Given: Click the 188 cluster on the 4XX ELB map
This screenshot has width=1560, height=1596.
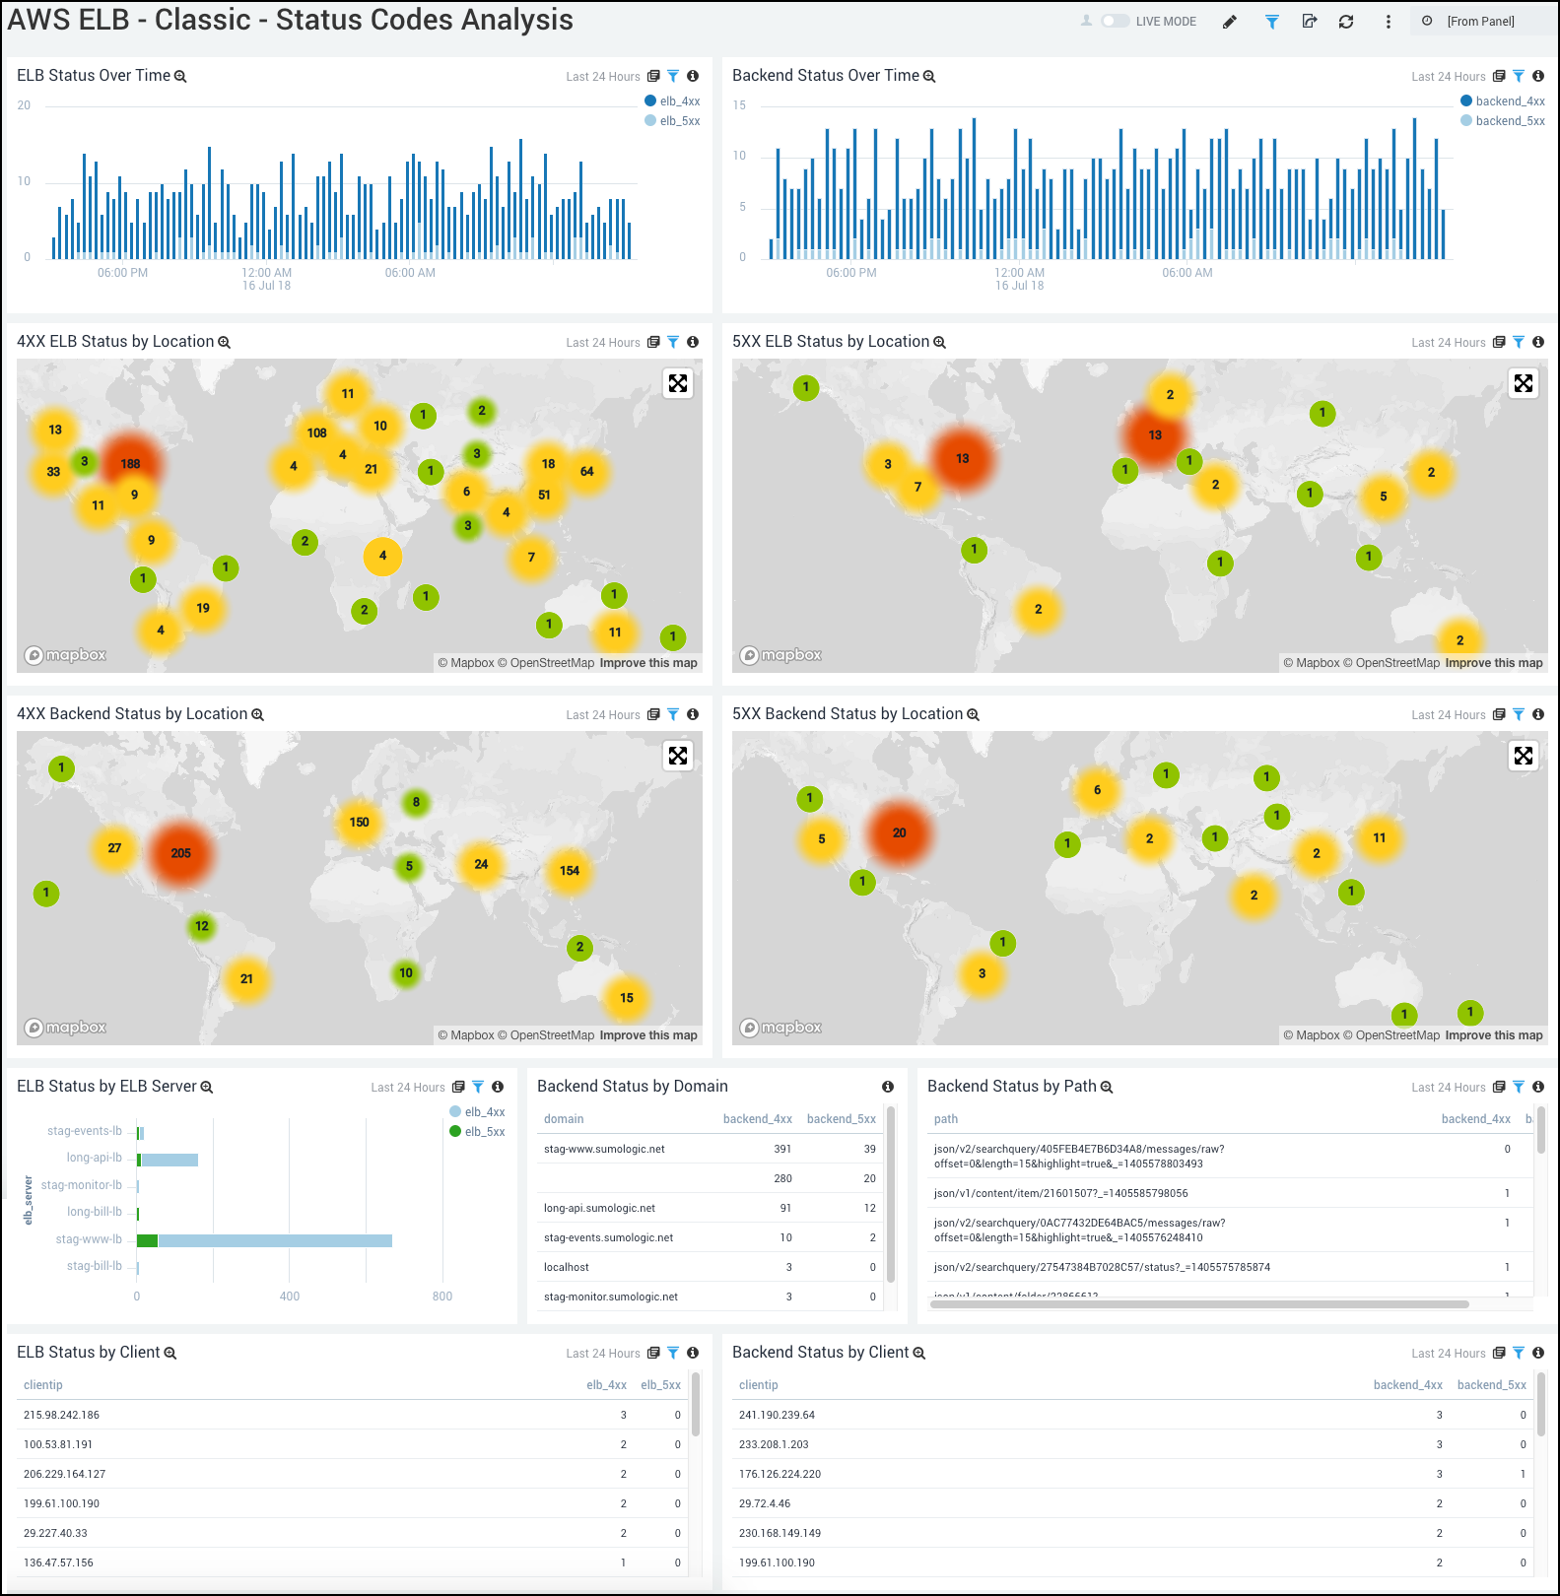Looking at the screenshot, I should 130,463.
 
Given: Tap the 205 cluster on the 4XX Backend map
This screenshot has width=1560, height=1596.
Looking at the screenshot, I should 180,853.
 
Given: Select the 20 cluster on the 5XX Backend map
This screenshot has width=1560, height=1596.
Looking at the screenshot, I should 899,832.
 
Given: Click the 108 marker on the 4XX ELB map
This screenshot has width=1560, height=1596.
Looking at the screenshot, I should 316,432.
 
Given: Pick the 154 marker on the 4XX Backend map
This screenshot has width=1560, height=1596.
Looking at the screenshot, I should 570,870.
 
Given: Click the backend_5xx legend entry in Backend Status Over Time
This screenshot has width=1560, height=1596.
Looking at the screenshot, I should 1509,121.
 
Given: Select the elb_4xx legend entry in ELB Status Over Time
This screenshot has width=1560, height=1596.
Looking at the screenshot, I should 679,101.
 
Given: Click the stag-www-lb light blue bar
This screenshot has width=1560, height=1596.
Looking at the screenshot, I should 275,1240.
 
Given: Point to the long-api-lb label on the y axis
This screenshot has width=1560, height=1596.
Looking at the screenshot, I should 95,1158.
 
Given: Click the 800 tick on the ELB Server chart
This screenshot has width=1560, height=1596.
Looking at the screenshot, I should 442,1297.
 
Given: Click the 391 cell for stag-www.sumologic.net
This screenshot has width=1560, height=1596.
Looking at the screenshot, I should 782,1149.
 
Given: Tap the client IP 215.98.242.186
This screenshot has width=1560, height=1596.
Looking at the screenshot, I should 61,1415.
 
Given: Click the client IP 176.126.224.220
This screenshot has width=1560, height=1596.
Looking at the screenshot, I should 780,1474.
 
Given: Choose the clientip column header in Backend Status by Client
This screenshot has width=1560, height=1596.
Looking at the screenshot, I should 758,1385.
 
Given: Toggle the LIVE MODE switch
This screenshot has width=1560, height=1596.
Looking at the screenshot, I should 1115,21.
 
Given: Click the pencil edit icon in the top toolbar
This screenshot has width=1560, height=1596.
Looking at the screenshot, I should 1230,22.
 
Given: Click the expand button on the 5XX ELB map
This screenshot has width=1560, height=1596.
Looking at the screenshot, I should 1524,383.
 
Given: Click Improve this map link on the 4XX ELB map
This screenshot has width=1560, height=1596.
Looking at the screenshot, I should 648,663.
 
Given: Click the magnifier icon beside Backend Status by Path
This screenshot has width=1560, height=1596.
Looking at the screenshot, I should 1107,1087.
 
